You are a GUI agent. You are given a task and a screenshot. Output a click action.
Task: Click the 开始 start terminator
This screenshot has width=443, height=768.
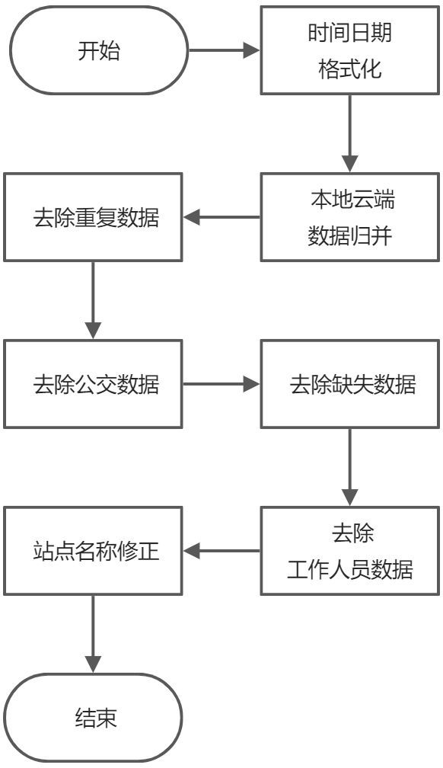pos(98,51)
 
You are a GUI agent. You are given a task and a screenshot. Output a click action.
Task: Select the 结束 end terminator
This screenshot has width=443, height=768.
pos(94,718)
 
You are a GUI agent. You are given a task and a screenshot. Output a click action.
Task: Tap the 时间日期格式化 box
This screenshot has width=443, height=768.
pos(350,51)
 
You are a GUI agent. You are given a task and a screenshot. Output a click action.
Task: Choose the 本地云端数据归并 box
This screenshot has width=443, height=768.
pos(350,217)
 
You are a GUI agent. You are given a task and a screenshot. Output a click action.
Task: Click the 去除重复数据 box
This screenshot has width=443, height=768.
pos(94,217)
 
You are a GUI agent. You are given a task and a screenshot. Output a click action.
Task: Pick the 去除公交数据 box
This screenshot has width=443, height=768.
pos(94,383)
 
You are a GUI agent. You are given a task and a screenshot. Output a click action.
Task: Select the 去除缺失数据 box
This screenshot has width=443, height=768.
pos(350,383)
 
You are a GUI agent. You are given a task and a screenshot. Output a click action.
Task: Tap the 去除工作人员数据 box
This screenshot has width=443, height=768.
pos(350,550)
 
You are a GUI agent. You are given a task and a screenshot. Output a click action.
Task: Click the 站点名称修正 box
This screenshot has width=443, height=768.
pos(94,550)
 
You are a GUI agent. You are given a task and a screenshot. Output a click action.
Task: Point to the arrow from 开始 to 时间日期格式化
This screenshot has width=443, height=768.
pos(225,51)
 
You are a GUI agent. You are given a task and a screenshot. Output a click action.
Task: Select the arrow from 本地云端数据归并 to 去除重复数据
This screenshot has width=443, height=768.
pos(221,217)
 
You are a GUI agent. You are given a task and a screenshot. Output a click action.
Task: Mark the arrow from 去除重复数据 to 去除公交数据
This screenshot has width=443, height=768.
pos(93,300)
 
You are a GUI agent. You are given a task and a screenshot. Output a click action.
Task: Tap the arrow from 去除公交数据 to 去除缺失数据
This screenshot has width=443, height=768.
pos(221,383)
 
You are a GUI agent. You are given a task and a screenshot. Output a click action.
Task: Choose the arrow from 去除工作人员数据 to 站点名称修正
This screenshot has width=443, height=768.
pos(221,550)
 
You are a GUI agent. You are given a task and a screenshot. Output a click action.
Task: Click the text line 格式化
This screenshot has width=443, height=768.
pos(350,70)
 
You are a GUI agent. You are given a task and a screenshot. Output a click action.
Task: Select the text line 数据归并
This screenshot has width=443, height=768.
pos(350,236)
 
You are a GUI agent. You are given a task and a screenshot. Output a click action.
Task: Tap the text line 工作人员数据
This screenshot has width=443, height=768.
pos(350,569)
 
